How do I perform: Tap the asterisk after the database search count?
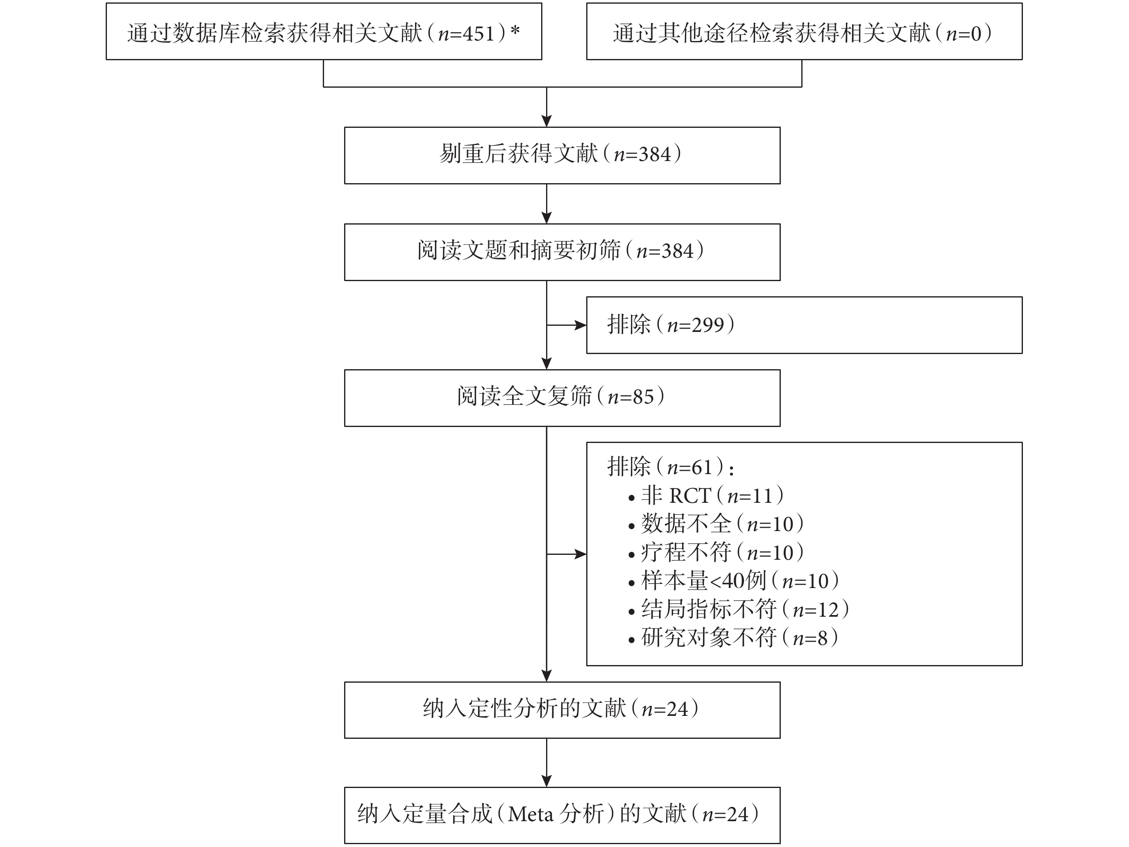tap(515, 31)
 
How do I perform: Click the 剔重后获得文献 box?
tap(562, 155)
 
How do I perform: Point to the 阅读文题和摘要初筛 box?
tap(562, 252)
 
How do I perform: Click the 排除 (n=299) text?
tap(671, 325)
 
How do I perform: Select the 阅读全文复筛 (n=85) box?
tap(562, 398)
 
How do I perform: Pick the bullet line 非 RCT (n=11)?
tap(706, 495)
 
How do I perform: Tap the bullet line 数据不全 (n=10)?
tap(716, 524)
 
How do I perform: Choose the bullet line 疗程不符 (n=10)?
tap(716, 552)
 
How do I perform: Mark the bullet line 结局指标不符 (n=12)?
tap(739, 609)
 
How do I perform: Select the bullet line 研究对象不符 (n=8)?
tap(733, 638)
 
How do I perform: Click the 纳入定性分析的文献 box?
tap(562, 710)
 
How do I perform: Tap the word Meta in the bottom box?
tap(530, 814)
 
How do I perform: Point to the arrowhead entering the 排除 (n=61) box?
tap(580, 554)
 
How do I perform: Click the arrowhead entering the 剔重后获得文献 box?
tap(546, 121)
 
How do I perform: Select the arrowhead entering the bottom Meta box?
tap(546, 781)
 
